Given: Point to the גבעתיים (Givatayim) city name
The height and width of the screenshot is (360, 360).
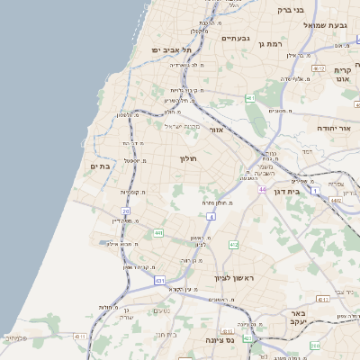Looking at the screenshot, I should click(235, 39).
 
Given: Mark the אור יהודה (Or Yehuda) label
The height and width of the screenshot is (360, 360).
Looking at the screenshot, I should click(333, 129).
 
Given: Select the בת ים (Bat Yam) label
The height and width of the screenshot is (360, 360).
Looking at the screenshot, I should click(99, 166).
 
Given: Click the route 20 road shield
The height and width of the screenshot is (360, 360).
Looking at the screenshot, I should click(126, 211).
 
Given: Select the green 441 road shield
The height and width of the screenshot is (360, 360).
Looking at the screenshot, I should click(158, 233).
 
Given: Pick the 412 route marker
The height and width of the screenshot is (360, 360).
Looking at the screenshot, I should click(233, 245).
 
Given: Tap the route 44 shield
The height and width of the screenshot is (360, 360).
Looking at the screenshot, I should click(262, 190).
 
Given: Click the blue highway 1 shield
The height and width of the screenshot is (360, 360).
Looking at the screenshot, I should click(315, 191).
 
